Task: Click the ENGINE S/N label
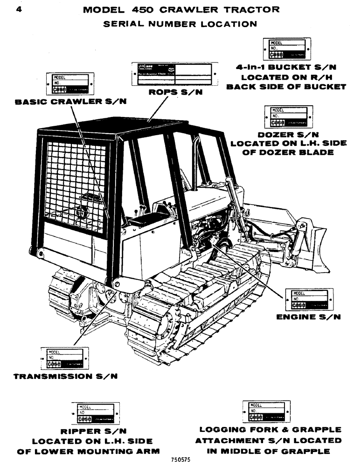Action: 308,317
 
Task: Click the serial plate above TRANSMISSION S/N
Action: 64,358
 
